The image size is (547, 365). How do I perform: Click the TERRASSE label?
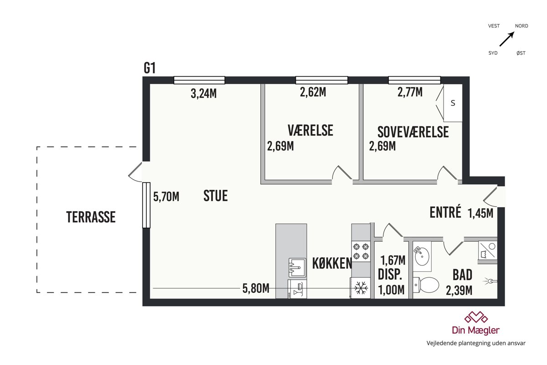click(91, 217)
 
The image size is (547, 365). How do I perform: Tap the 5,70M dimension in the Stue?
click(166, 197)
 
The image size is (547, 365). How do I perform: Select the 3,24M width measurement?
click(204, 94)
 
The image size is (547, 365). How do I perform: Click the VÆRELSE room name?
click(310, 130)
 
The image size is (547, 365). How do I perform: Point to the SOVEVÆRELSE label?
click(413, 132)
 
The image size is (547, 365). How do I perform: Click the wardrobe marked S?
click(453, 103)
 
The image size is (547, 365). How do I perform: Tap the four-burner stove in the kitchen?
click(361, 251)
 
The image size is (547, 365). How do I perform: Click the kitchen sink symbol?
click(297, 267)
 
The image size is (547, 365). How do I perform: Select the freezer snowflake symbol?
click(361, 288)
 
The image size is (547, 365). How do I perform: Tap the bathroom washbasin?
click(422, 256)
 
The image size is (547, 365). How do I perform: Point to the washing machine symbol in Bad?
click(487, 250)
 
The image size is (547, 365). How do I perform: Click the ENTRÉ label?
click(445, 212)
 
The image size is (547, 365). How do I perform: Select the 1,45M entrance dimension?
click(480, 213)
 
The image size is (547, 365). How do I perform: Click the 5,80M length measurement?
click(256, 288)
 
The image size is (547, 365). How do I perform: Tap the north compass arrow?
click(507, 39)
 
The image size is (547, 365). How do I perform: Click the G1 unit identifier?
click(150, 68)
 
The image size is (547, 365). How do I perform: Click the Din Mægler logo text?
click(476, 330)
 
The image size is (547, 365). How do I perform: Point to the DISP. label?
click(390, 274)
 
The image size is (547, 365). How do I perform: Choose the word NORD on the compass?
click(521, 26)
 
